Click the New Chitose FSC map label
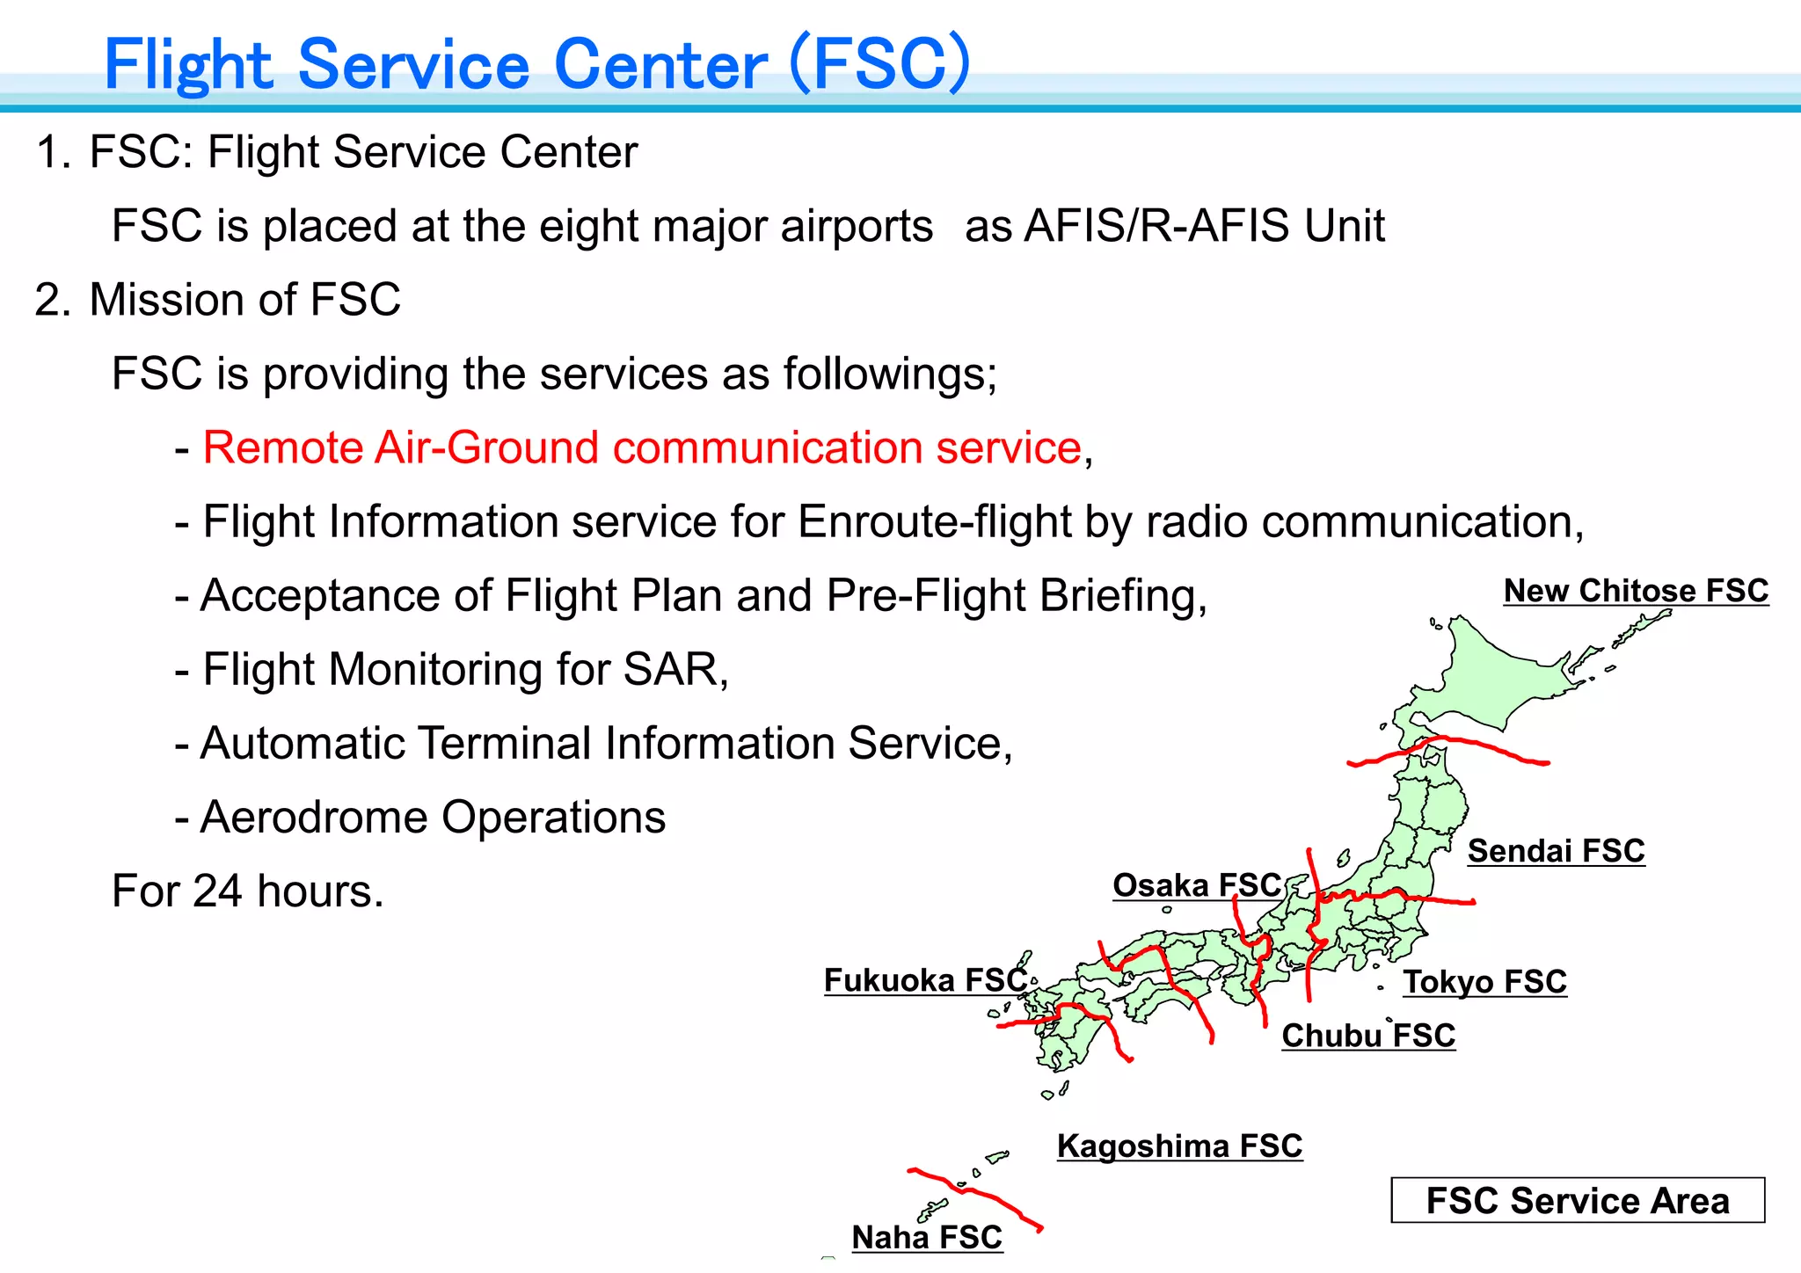1636,591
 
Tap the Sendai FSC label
1556,851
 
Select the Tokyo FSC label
1484,982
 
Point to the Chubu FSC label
1368,1036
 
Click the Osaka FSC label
1197,885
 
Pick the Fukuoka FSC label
925,980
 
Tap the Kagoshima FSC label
1179,1146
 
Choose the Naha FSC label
927,1238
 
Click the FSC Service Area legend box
1578,1201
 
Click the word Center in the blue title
660,65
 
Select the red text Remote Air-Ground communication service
642,447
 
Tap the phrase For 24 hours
248,891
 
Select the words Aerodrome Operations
433,818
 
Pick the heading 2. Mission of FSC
218,300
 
